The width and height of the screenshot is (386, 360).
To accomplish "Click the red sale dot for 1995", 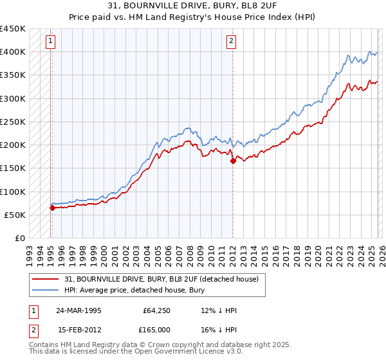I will pos(52,208).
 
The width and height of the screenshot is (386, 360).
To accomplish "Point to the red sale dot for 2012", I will pos(233,161).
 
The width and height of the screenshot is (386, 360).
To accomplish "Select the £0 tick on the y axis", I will pos(19,238).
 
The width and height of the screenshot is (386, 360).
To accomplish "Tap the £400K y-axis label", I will pos(13,51).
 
